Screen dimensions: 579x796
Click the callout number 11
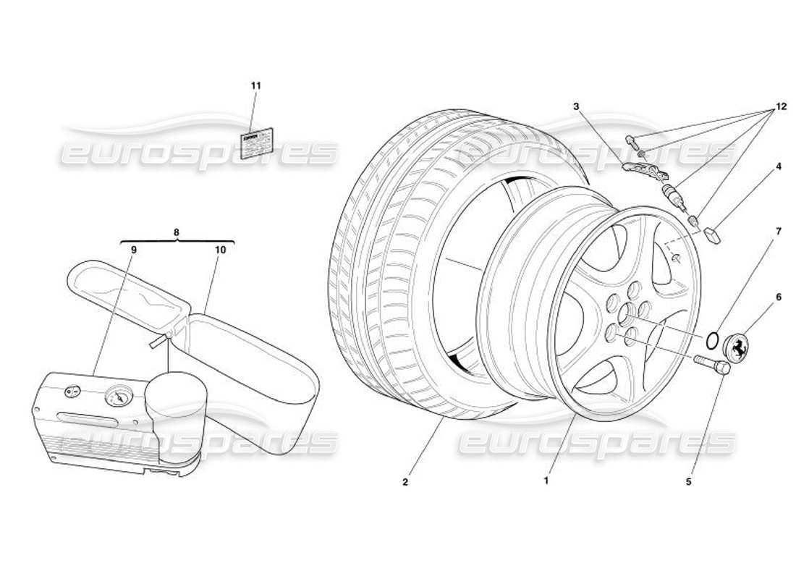255,85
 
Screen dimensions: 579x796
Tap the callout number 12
779,106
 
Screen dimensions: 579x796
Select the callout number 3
576,106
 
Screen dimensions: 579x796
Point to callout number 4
779,166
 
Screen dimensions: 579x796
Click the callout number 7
779,232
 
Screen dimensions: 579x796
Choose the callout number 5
689,481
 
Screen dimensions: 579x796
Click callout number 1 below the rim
546,480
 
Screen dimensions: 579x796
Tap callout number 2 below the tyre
406,481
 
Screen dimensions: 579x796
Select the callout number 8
177,232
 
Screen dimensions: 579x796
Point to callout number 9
134,249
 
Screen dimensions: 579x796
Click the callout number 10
220,249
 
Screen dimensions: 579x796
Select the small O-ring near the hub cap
713,339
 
